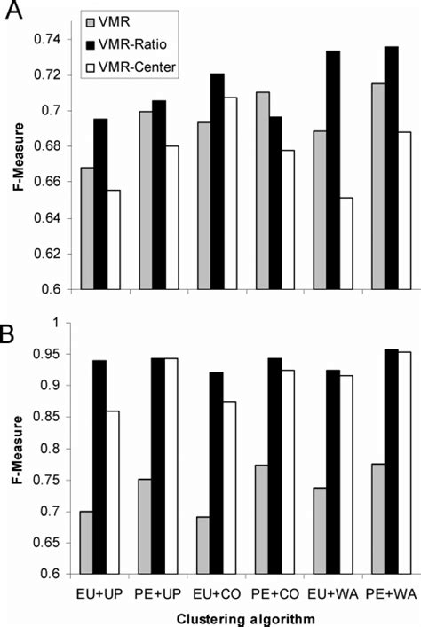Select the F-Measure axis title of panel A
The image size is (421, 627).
click(18, 165)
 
